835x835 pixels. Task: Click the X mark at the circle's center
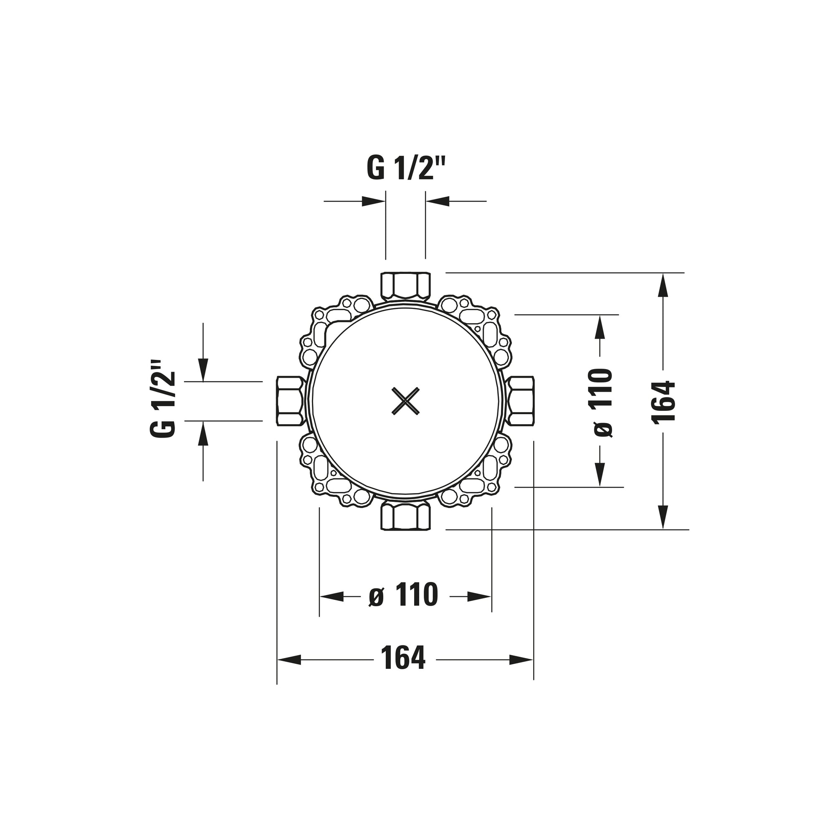(x=405, y=401)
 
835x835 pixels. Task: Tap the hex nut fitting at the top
(x=406, y=286)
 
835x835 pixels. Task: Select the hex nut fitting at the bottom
(x=406, y=516)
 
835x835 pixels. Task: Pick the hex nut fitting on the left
(x=291, y=401)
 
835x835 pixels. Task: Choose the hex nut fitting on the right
(x=520, y=401)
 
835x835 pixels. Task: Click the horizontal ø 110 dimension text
(x=403, y=595)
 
